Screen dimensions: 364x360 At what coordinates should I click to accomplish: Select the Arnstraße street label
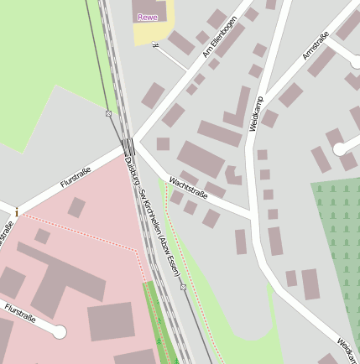point(315,46)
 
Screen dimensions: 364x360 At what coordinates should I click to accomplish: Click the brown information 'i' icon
point(16,212)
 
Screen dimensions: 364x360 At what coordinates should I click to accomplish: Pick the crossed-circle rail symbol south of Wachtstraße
point(183,287)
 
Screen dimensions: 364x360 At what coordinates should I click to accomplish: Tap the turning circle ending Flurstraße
point(59,332)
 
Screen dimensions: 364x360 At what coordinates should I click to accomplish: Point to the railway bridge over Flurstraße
point(128,146)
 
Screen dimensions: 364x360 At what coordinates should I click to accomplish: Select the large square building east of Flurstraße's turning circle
point(111,322)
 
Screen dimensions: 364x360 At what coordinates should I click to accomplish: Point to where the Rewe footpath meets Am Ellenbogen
point(188,71)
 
